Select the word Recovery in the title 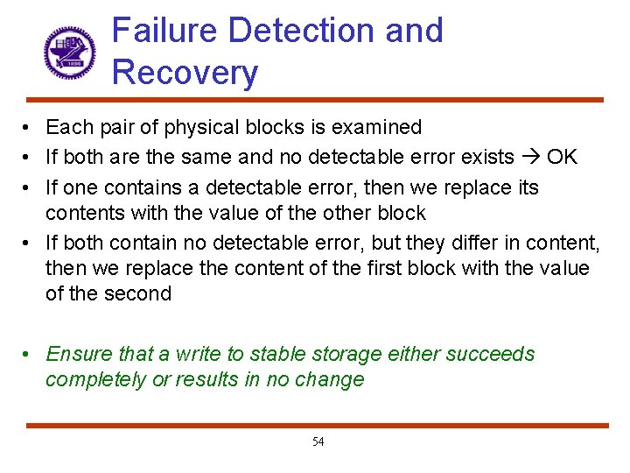(185, 73)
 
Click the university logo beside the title (69, 52)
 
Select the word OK (562, 158)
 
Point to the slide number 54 (318, 441)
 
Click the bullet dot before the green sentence (29, 354)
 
